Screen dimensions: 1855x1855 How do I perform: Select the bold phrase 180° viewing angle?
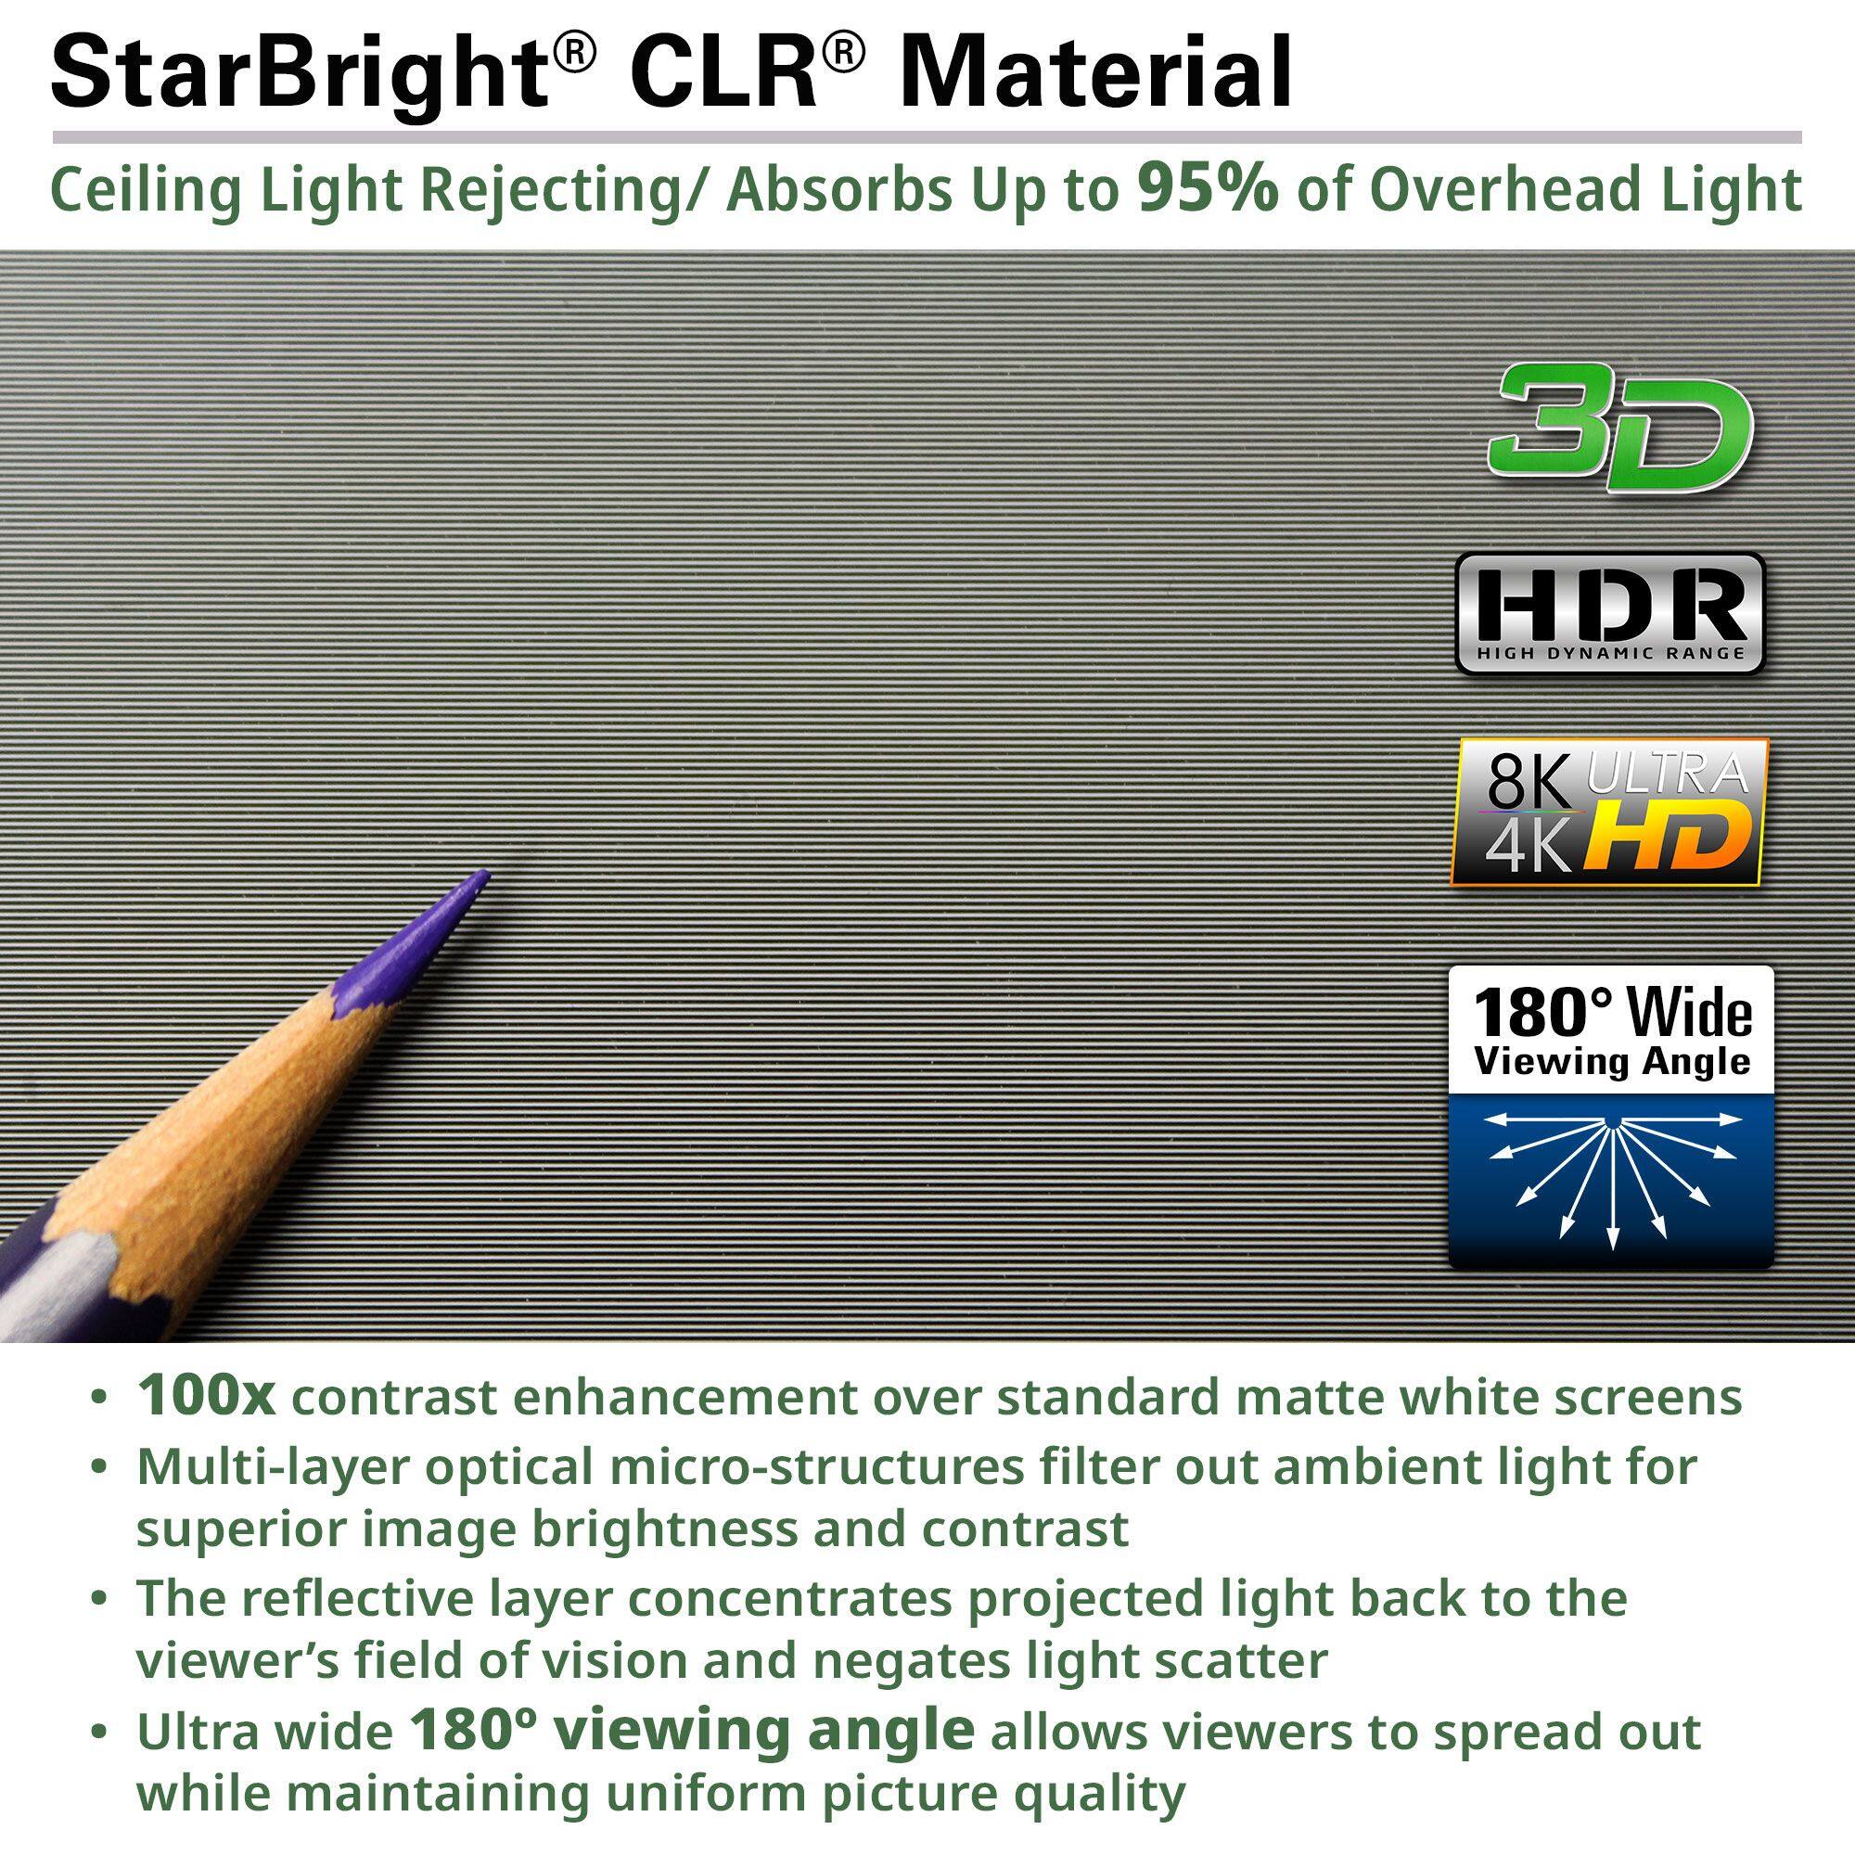coord(691,1729)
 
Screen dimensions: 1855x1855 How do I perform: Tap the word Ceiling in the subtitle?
coord(131,190)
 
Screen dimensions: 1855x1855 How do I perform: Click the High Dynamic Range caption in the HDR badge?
coord(1610,654)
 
